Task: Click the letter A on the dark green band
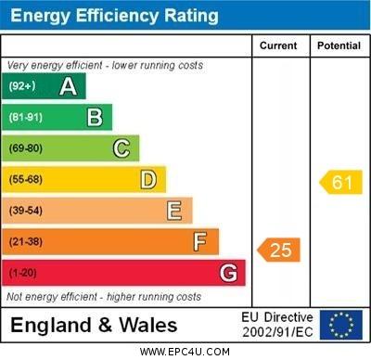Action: click(x=68, y=86)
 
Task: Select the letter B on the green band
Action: click(x=95, y=118)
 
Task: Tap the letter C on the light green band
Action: click(x=122, y=148)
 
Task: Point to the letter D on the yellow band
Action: click(x=148, y=180)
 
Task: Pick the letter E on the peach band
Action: click(x=174, y=211)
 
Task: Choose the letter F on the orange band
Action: click(x=199, y=242)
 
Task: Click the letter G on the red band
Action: click(x=229, y=273)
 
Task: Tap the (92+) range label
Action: click(x=22, y=85)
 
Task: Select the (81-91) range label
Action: click(x=26, y=117)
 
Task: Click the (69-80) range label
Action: click(x=26, y=148)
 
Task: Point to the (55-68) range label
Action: click(x=26, y=179)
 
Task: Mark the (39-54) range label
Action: click(x=26, y=211)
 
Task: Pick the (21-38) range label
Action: click(x=26, y=241)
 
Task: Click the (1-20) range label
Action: click(x=22, y=273)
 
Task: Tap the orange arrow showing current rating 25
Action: click(x=278, y=250)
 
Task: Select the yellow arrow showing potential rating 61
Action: click(x=340, y=182)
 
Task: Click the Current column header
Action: click(x=278, y=45)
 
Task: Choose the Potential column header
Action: click(x=339, y=45)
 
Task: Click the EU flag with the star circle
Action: click(x=341, y=325)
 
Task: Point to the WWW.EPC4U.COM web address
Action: click(x=185, y=352)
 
